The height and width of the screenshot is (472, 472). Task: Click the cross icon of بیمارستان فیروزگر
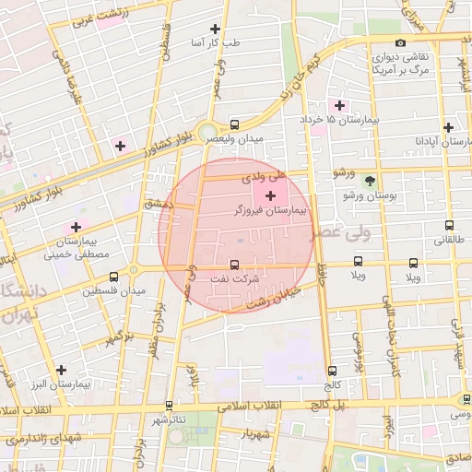coord(270,195)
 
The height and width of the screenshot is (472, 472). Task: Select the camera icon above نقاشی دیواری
coord(399,43)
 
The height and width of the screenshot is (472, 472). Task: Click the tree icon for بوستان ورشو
coord(370,181)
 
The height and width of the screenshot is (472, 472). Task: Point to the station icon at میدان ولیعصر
coord(234,124)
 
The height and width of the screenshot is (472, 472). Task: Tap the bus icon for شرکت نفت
coord(234,265)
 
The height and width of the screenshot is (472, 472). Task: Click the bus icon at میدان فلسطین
coord(114,276)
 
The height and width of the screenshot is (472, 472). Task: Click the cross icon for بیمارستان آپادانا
coord(448,127)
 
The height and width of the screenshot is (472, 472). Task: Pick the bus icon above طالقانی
coord(449,224)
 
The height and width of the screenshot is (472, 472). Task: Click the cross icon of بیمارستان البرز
coord(61,369)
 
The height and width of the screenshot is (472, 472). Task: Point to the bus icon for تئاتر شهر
coord(169,405)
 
